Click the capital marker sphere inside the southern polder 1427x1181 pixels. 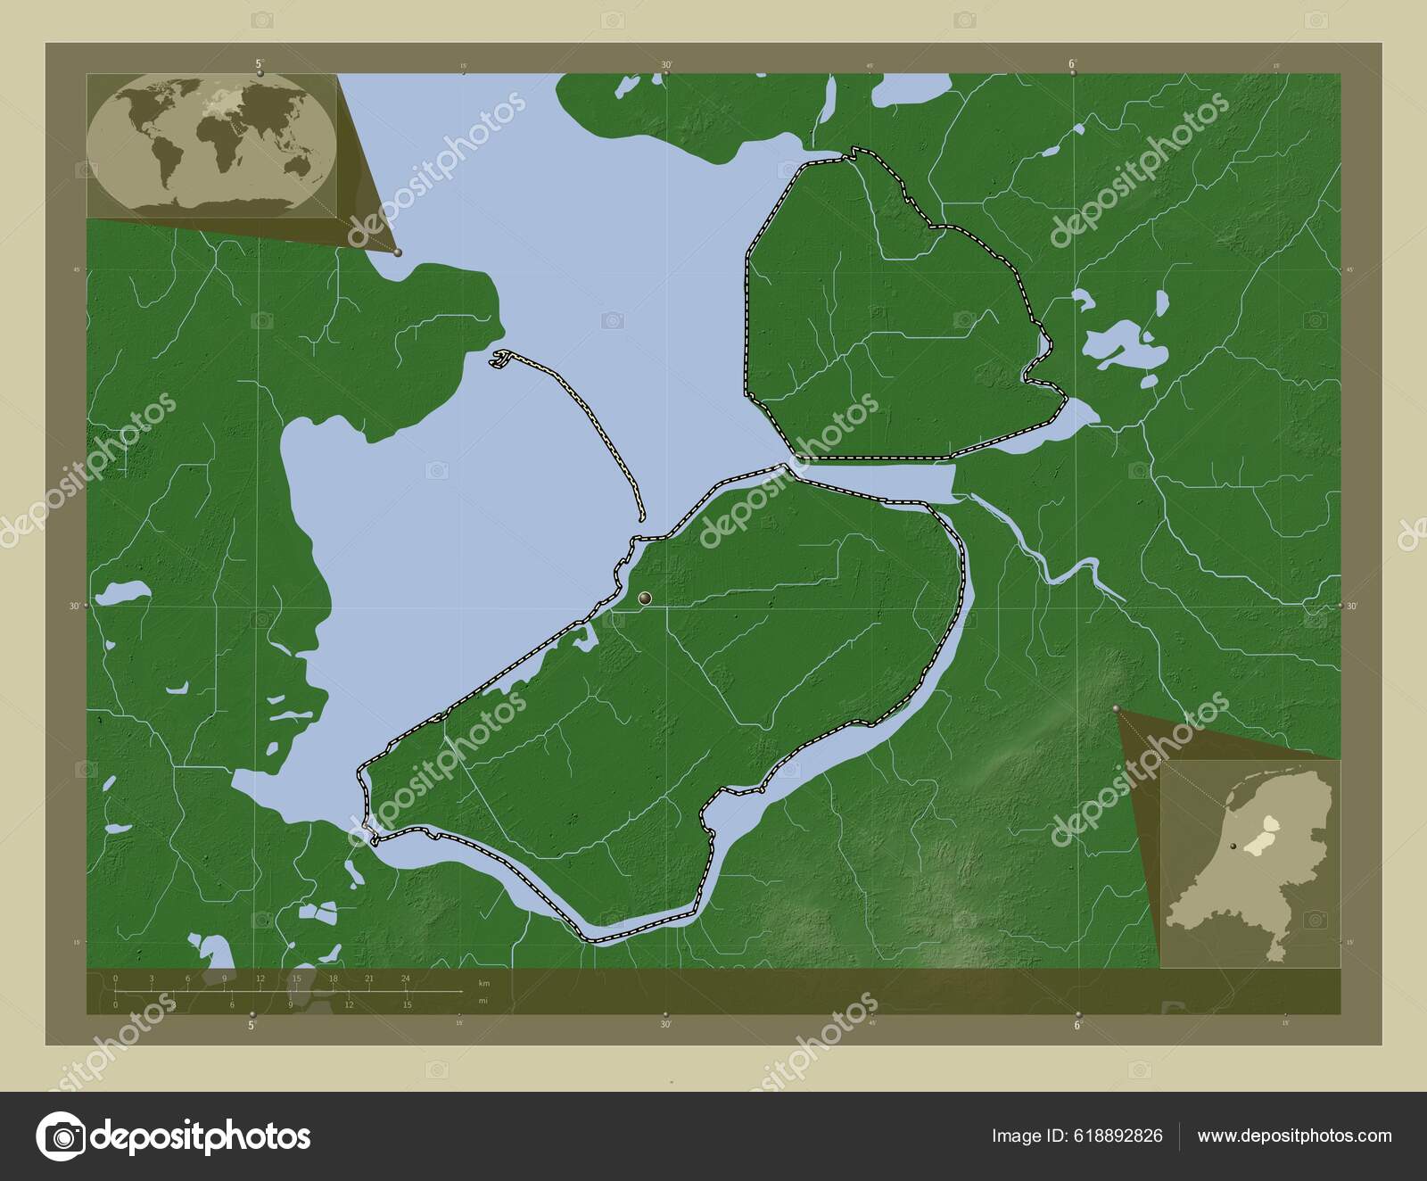(x=645, y=598)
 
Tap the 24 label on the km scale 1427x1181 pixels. (x=405, y=979)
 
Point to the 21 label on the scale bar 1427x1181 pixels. (x=368, y=979)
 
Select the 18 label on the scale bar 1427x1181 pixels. (x=333, y=979)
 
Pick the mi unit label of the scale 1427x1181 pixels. (x=483, y=1001)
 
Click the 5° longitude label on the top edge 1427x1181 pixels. (x=260, y=63)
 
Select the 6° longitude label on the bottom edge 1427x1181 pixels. (x=1077, y=1026)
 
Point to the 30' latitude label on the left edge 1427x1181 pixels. (x=75, y=606)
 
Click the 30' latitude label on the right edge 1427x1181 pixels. (x=1351, y=606)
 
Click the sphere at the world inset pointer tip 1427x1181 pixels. (x=398, y=252)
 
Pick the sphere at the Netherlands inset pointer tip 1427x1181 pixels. (x=1117, y=710)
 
